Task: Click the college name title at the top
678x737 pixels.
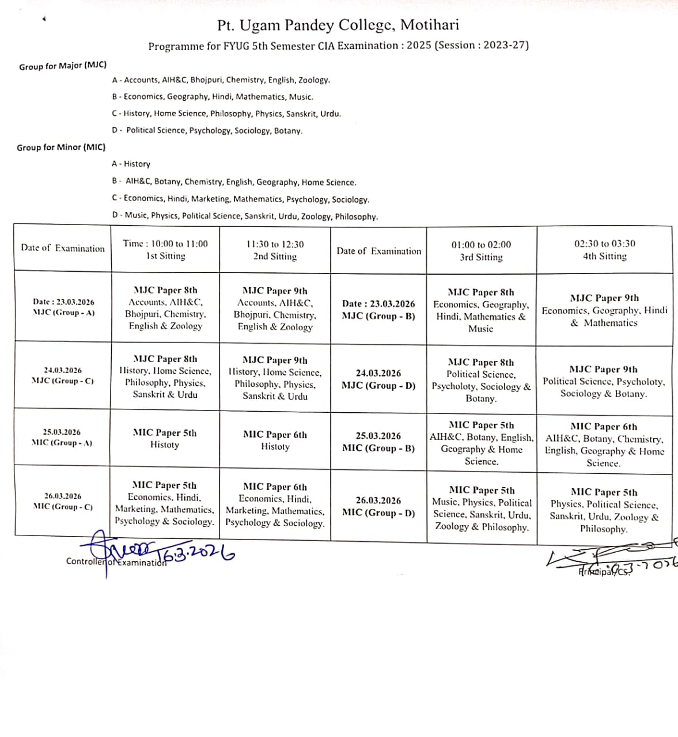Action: coord(338,25)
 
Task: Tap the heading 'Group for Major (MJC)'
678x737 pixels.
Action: coord(63,66)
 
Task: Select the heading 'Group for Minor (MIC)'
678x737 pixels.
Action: coord(61,147)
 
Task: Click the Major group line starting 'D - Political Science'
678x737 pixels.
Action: coord(207,131)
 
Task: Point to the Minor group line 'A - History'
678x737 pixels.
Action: coord(131,164)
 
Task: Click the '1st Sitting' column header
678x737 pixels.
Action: coord(165,250)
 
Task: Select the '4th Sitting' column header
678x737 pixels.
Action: coord(604,250)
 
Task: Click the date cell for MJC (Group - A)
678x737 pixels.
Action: coord(63,307)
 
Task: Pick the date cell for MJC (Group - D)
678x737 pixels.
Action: coord(378,379)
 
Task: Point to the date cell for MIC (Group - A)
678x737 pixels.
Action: coord(62,437)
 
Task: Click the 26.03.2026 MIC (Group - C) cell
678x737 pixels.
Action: coord(63,502)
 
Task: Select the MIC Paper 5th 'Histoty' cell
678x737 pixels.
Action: coord(165,439)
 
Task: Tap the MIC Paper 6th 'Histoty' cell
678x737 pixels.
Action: coord(275,440)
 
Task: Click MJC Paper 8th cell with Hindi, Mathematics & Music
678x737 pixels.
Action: coord(481,310)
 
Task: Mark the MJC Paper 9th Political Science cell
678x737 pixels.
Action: coord(604,381)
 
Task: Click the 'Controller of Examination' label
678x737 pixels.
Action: coord(116,562)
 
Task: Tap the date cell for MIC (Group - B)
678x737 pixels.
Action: coord(378,442)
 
